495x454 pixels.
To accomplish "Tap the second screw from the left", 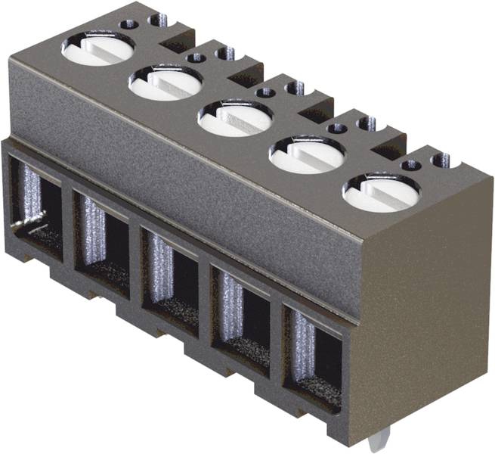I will point(165,82).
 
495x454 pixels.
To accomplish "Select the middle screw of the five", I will point(235,119).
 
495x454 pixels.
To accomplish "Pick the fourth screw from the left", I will point(307,154).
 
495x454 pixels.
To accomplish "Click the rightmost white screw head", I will point(380,192).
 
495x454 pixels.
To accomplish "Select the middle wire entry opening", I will point(172,275).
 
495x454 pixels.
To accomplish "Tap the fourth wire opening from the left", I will point(241,312).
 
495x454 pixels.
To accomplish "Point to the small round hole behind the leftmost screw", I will point(129,23).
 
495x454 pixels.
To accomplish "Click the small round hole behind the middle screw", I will point(265,92).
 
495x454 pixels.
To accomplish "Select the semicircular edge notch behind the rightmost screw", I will point(441,160).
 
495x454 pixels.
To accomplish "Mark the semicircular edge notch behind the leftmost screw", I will point(159,19).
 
